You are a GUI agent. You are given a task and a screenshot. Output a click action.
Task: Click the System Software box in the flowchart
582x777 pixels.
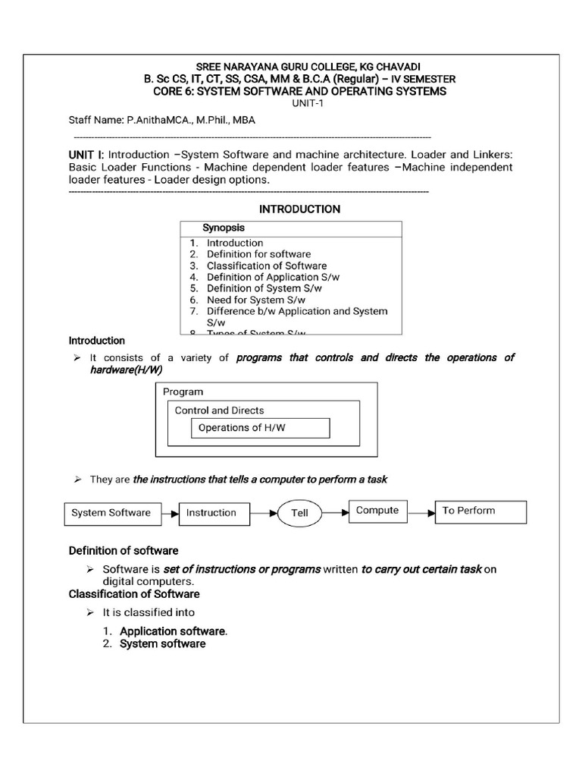tap(111, 513)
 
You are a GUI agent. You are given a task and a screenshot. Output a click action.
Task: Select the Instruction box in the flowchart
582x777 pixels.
tap(211, 513)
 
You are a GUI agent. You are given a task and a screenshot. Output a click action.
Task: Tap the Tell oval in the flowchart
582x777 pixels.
tap(300, 513)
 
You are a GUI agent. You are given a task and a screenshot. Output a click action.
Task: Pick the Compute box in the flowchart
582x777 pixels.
tap(377, 511)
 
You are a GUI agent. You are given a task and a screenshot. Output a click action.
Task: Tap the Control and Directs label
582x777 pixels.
tap(220, 411)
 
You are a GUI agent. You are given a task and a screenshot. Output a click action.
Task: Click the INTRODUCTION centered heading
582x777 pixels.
tap(300, 209)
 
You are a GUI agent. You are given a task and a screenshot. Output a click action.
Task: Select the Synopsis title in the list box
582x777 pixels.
tap(223, 228)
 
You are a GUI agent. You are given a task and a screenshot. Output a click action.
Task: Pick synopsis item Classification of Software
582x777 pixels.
tap(267, 266)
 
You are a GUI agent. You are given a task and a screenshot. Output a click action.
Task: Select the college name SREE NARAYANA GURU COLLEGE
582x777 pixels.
tap(300, 66)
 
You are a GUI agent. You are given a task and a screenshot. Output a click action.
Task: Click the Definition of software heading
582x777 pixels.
tap(124, 550)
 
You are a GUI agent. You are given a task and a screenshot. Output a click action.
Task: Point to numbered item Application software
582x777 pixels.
tap(173, 631)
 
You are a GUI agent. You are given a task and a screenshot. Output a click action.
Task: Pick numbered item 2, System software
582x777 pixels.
tap(162, 643)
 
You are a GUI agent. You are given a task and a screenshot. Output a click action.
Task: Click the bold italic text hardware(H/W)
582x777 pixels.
tap(126, 370)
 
